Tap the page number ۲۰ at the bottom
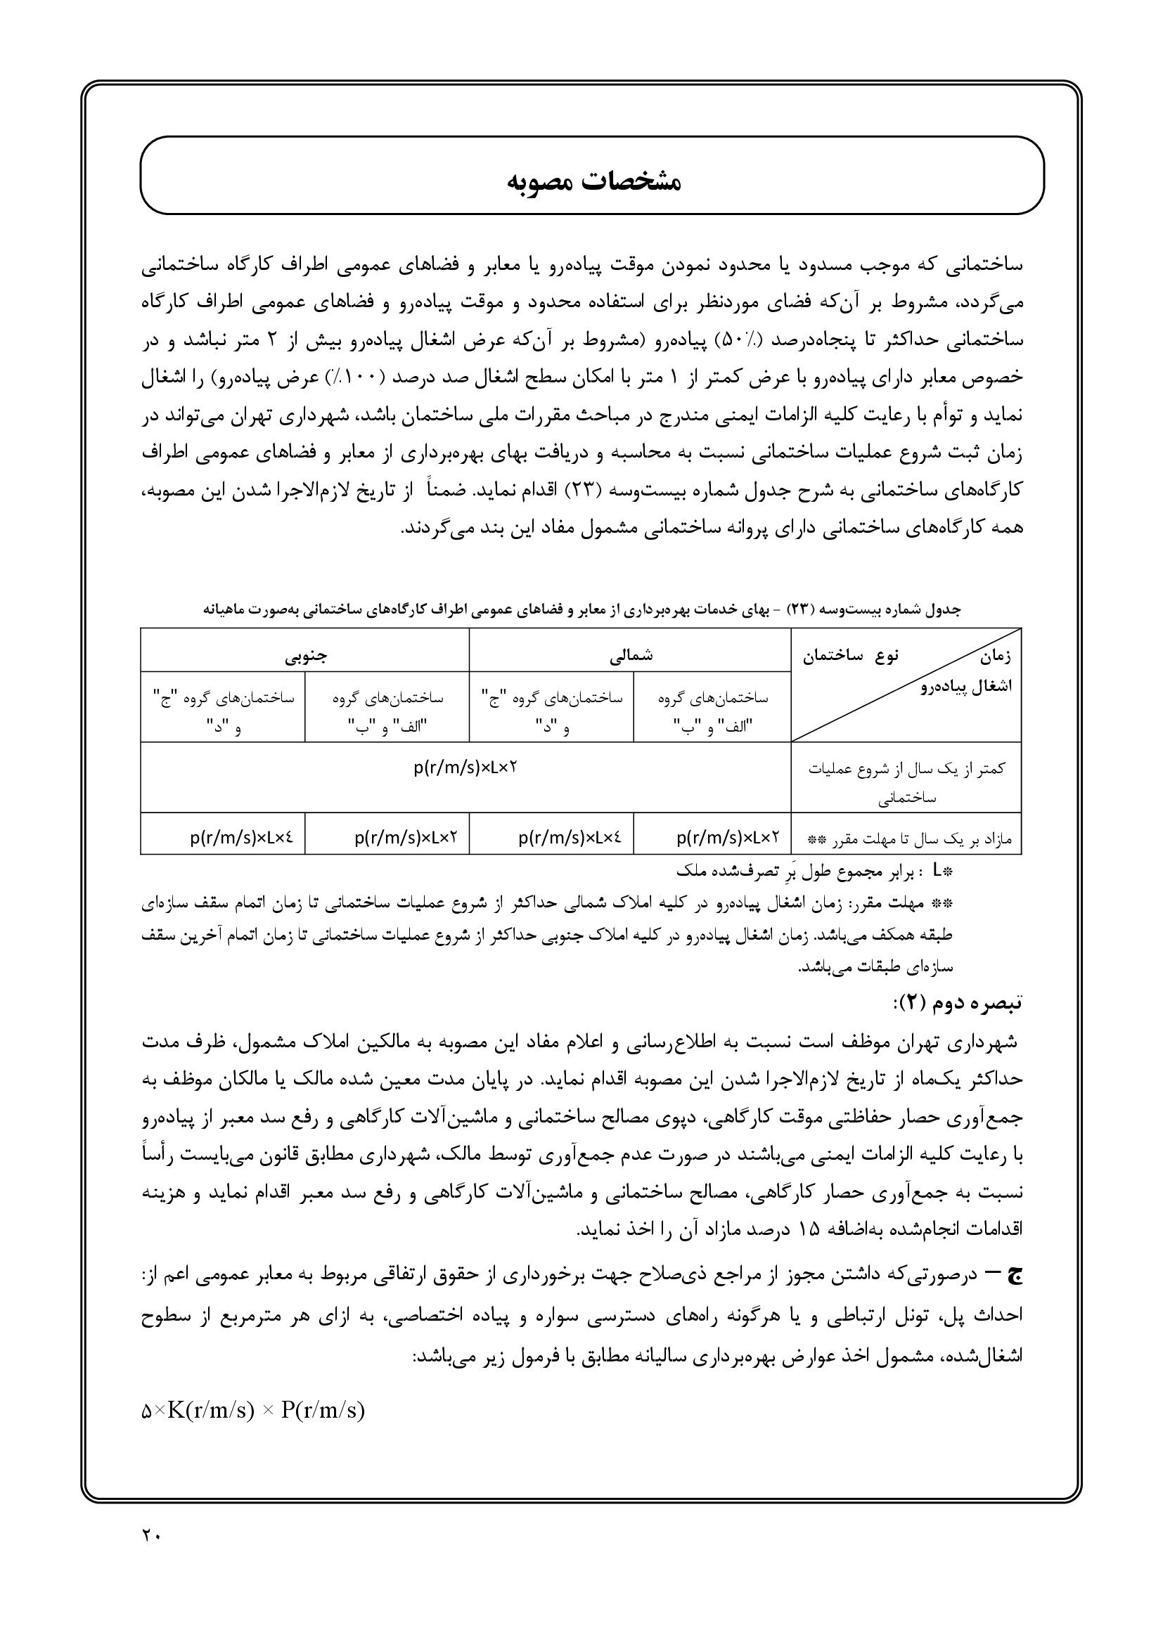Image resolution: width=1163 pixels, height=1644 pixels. [x=151, y=1535]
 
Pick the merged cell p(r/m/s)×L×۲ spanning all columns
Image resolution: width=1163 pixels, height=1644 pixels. [x=465, y=768]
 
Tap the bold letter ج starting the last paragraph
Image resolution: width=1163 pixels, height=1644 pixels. [x=1015, y=1274]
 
